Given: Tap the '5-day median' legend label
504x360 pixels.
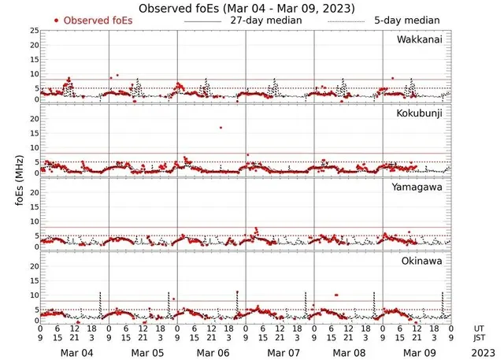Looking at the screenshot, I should tap(406, 20).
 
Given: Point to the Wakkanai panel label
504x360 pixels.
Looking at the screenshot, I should tap(419, 39).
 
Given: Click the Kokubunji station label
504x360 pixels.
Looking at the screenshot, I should tap(419, 113).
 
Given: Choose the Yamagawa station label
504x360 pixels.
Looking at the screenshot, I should tap(419, 188).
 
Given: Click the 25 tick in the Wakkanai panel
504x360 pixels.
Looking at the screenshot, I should tap(34, 31).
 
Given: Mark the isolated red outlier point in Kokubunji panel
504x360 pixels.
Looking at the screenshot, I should tap(221, 127).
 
